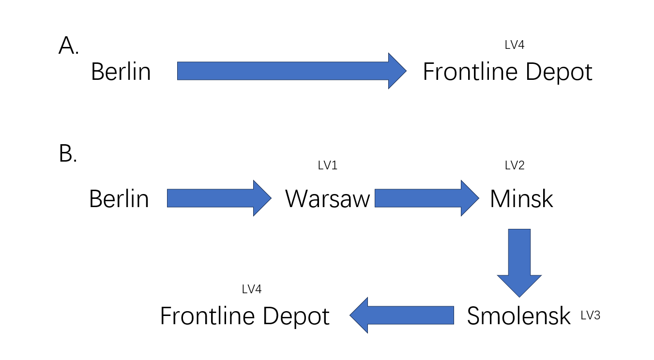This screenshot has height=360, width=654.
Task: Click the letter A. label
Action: [68, 46]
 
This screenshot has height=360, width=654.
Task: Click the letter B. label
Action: [68, 154]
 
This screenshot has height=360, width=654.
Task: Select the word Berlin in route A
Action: [121, 72]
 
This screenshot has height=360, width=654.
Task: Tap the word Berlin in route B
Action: [119, 199]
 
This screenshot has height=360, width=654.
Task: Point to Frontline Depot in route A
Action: [507, 72]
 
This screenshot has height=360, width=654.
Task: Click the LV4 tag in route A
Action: [515, 45]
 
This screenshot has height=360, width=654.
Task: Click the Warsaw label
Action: [328, 199]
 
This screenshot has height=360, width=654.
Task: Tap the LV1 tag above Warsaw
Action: [328, 165]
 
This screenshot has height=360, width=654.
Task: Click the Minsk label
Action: [521, 199]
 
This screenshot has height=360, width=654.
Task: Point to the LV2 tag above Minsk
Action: [515, 165]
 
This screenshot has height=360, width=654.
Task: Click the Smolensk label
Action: [518, 316]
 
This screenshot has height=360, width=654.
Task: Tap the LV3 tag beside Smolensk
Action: [591, 315]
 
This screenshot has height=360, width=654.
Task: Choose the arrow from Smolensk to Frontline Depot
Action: [402, 315]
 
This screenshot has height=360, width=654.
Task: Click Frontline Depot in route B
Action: [244, 316]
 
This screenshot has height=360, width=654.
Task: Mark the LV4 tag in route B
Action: [252, 289]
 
